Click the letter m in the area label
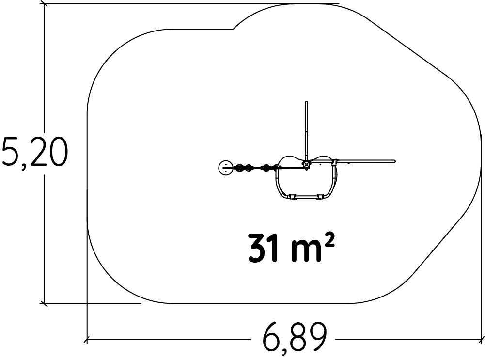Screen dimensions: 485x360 pyautogui.click(x=306, y=252)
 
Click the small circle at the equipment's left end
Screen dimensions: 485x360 pyautogui.click(x=225, y=168)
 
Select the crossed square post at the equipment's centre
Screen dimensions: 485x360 pyautogui.click(x=306, y=165)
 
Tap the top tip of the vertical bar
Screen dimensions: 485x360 pyautogui.click(x=307, y=102)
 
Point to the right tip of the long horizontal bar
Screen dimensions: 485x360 pyautogui.click(x=394, y=161)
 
